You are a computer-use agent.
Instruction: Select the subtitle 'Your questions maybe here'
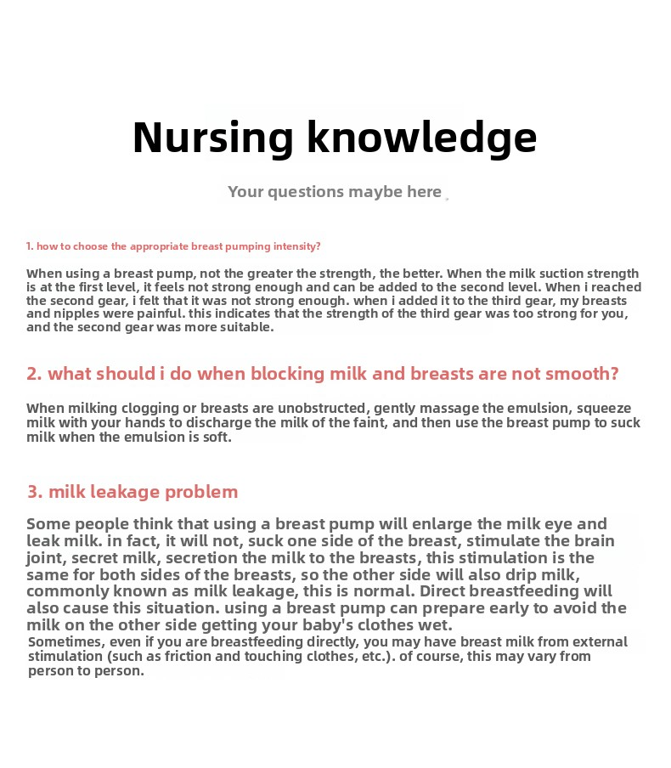point(335,192)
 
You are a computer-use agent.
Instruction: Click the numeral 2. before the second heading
point(34,374)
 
